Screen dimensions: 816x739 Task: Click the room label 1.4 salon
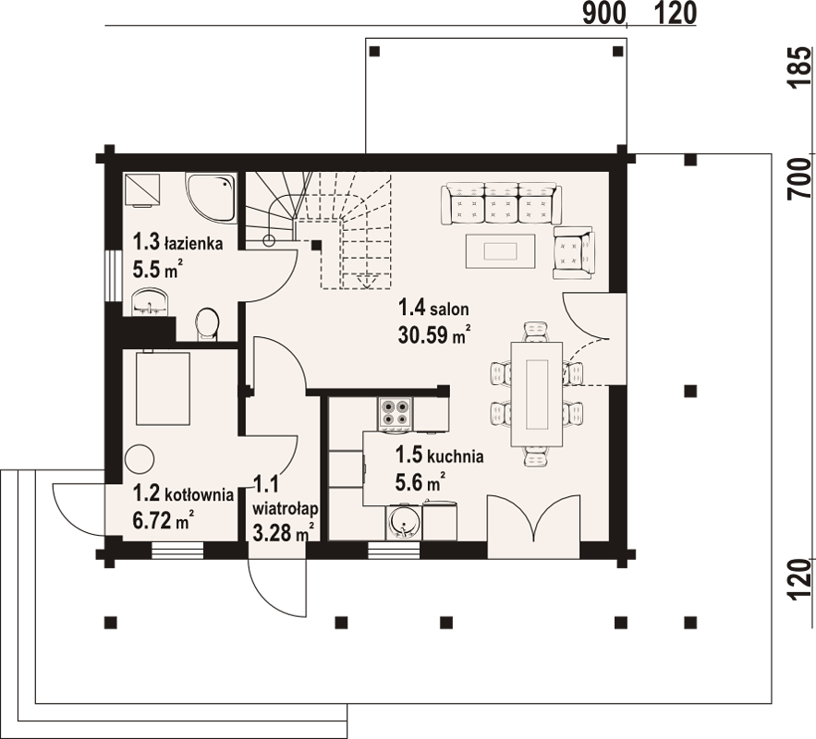[x=433, y=308]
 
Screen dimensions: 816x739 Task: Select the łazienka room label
[x=194, y=243]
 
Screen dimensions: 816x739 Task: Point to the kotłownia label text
[x=199, y=494]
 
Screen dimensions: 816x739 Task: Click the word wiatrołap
[x=286, y=506]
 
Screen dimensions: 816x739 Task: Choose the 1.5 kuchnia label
[x=439, y=455]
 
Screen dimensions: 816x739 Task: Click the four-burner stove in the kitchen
[x=396, y=415]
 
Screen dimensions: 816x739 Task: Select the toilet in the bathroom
[x=207, y=324]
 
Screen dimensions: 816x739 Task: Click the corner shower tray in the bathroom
[x=211, y=199]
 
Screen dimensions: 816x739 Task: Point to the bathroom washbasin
[x=151, y=302]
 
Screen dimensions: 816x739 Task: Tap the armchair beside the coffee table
[x=574, y=253]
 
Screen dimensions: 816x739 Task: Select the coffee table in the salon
[x=500, y=251]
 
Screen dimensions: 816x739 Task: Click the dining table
[x=537, y=394]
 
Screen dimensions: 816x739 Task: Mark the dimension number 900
[x=603, y=14]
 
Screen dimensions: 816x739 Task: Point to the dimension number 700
[x=801, y=178]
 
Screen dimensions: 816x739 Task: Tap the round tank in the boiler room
[x=140, y=459]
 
